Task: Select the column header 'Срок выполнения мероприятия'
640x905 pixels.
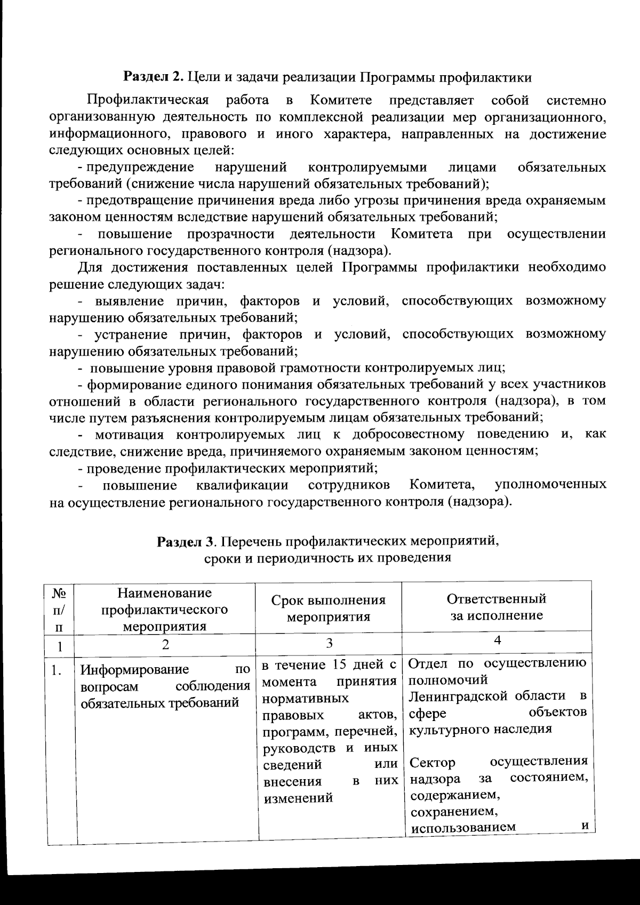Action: [329, 608]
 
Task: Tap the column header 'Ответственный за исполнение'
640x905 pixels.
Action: [497, 607]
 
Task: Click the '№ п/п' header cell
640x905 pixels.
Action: [60, 609]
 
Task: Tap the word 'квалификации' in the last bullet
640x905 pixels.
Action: [242, 485]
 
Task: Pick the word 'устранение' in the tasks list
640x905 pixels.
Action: [126, 334]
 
